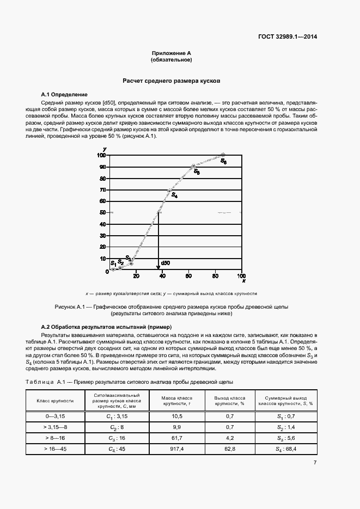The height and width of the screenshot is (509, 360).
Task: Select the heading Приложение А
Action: click(x=171, y=53)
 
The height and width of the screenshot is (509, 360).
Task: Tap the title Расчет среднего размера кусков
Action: click(x=171, y=80)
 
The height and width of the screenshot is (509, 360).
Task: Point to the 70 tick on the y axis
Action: click(x=103, y=190)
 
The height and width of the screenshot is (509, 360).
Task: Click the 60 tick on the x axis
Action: click(x=188, y=275)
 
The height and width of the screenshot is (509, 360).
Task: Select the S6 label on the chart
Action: click(x=223, y=162)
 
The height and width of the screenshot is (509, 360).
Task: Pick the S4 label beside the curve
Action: click(x=174, y=195)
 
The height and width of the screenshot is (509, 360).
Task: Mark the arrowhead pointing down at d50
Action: click(x=158, y=267)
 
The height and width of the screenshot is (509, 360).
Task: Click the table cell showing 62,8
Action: click(x=229, y=449)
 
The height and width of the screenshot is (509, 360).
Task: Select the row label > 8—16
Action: click(x=55, y=437)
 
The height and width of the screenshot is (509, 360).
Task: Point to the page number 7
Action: click(x=315, y=463)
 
